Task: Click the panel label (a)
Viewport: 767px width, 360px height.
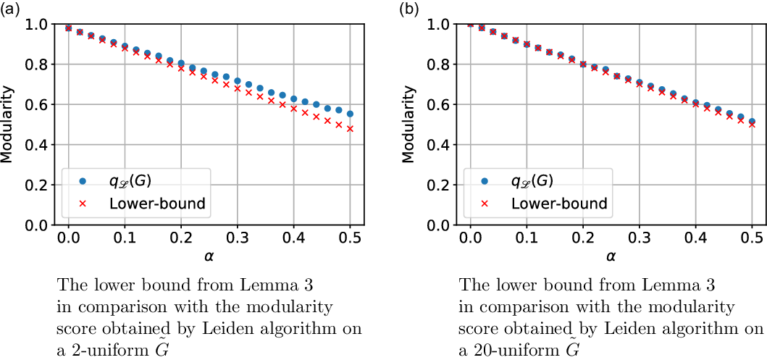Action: [10, 9]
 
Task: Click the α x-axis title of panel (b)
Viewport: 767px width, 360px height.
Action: [611, 256]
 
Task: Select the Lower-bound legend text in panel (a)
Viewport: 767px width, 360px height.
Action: [157, 204]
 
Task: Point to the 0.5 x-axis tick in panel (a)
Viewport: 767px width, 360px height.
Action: [350, 238]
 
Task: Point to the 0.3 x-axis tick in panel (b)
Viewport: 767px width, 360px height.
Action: [640, 238]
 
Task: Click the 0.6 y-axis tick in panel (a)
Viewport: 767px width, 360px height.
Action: [38, 105]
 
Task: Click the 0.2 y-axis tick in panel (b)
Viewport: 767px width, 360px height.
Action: [440, 185]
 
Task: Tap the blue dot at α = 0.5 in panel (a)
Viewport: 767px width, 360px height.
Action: [350, 114]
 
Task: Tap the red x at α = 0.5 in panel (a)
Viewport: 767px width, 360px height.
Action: [350, 129]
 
